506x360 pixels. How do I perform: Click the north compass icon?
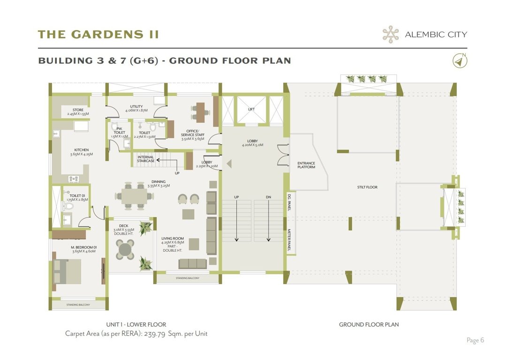[x=460, y=60]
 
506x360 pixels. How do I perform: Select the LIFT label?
[x=251, y=109]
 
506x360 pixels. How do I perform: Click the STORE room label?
[x=78, y=110]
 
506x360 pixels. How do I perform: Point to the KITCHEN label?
[x=81, y=150]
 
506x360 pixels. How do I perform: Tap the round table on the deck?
[x=125, y=249]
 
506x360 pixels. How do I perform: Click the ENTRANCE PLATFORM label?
[x=306, y=165]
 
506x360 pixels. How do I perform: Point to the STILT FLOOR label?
[x=367, y=187]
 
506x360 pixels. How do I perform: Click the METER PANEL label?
[x=289, y=240]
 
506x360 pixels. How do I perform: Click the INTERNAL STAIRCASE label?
[x=146, y=159]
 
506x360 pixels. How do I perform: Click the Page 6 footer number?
[x=475, y=340]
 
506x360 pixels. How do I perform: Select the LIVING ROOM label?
[x=172, y=239]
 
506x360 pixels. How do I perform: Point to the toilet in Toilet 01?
[x=68, y=205]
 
